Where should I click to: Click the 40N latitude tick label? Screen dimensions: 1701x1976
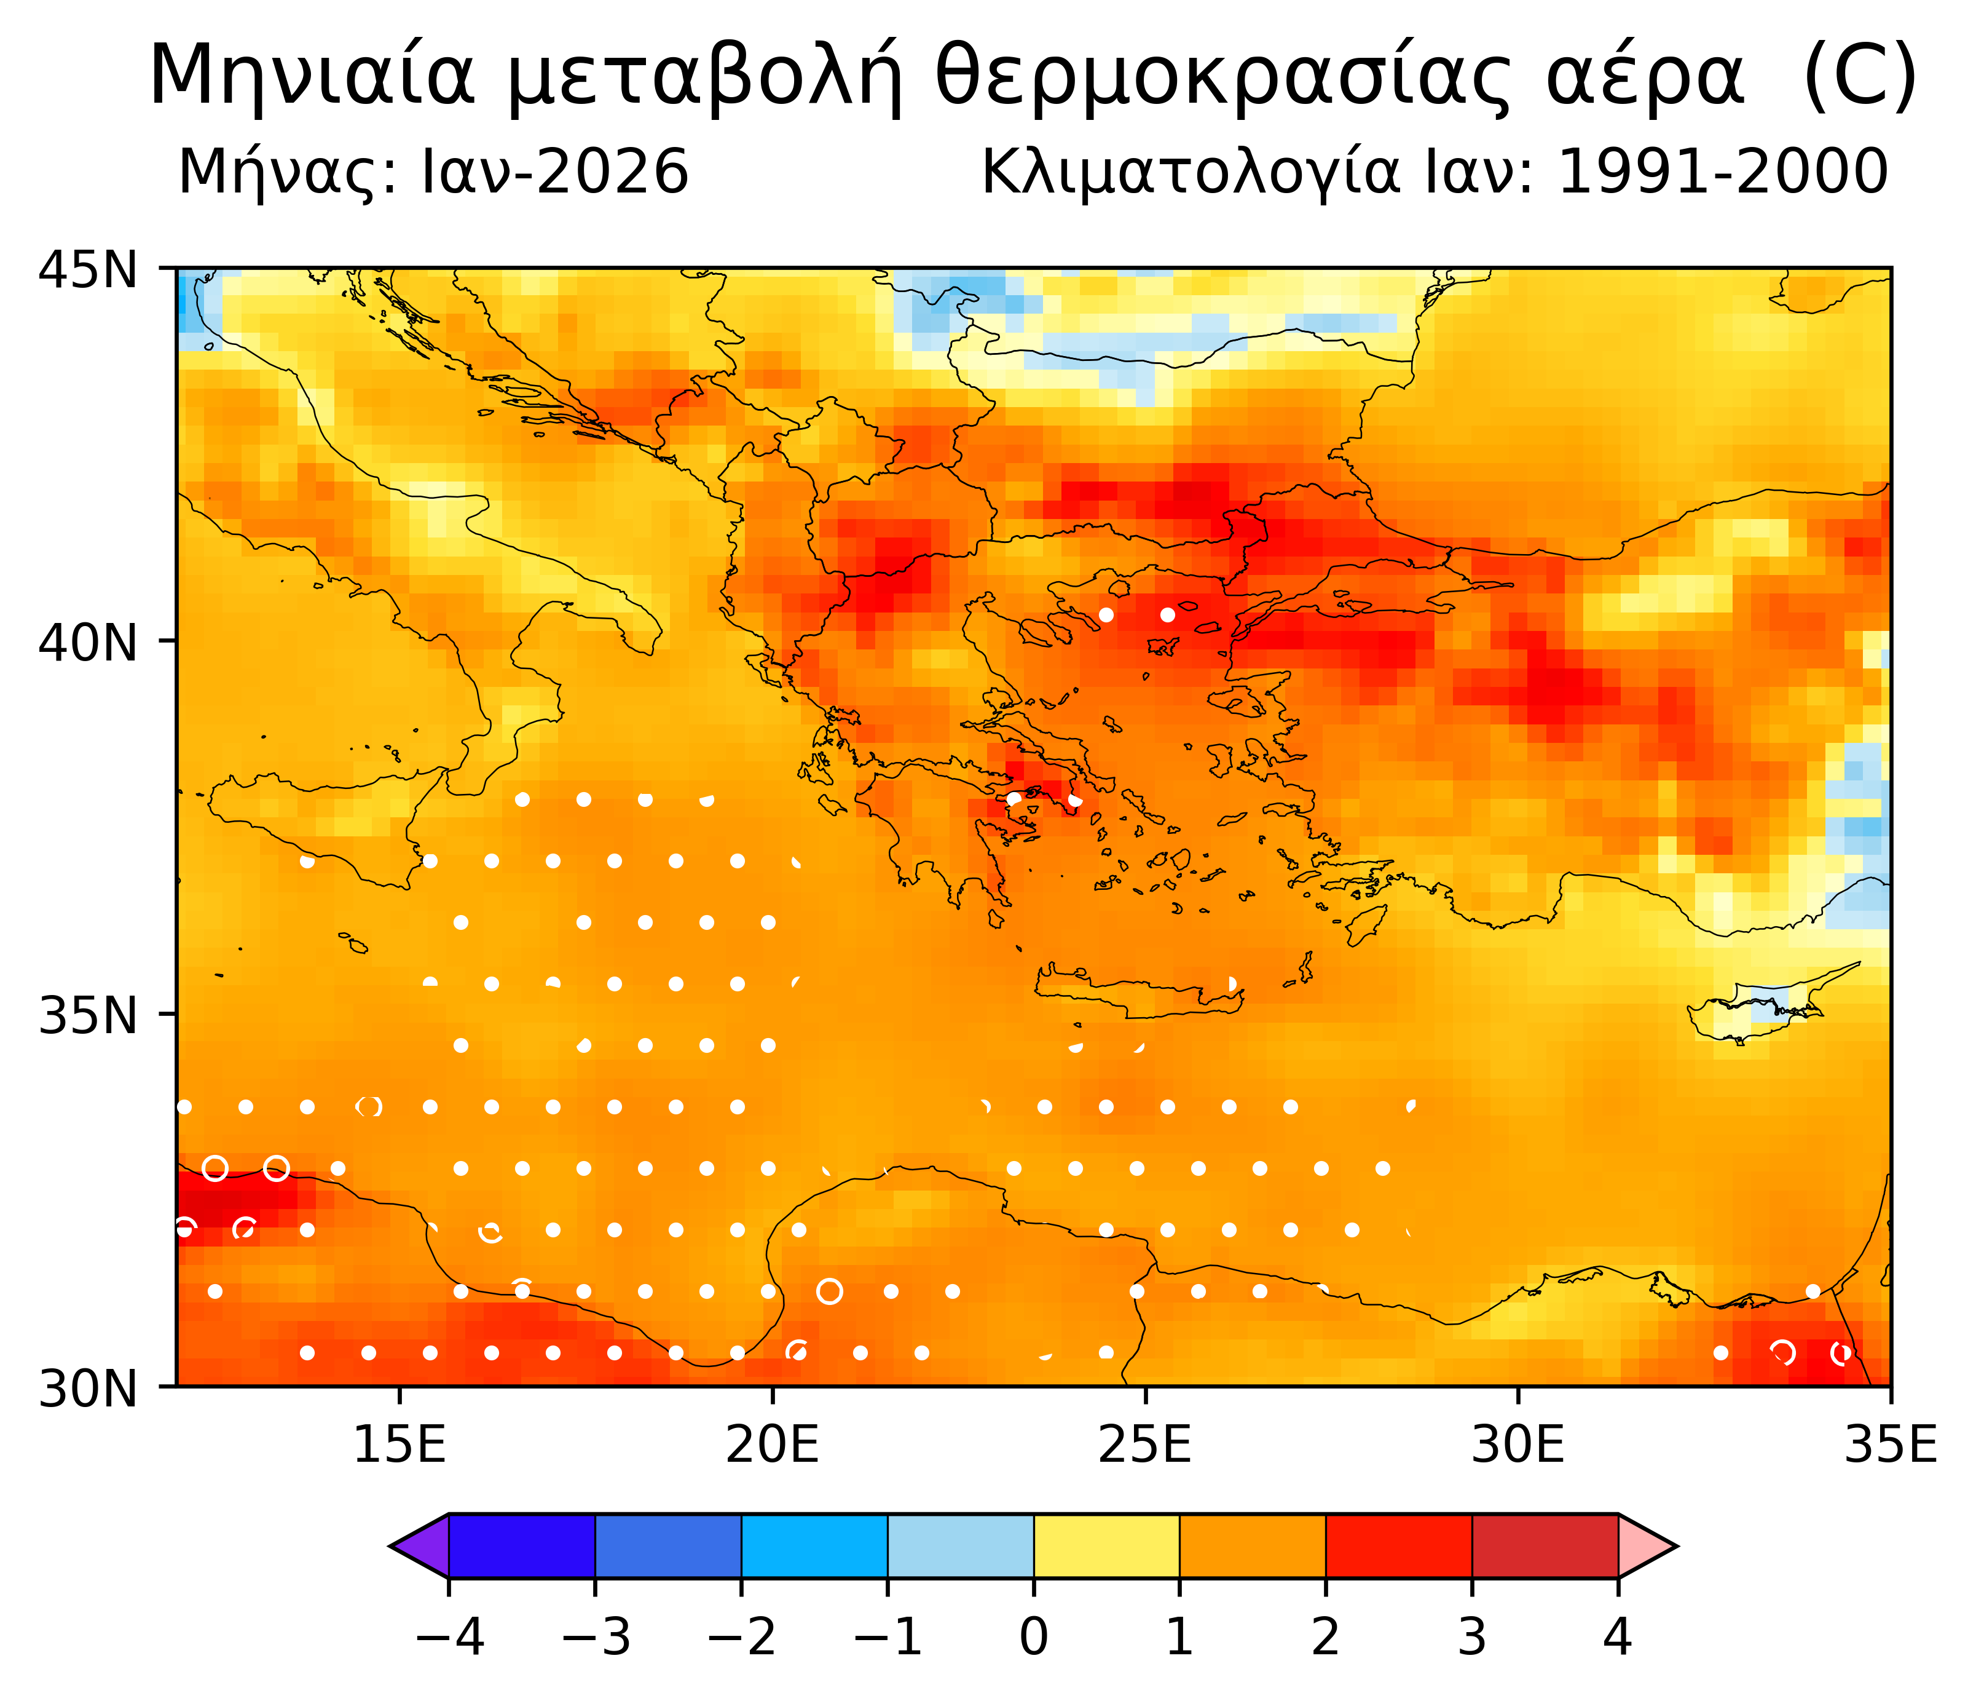(x=88, y=643)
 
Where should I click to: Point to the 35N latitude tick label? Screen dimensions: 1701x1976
(x=88, y=1016)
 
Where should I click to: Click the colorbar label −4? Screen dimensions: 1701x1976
(x=449, y=1637)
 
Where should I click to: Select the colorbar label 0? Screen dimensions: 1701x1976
(x=1034, y=1637)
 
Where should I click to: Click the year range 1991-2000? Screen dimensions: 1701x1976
(x=1722, y=173)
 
